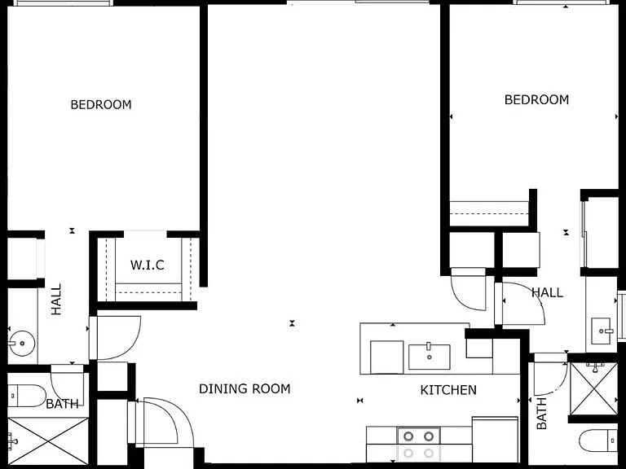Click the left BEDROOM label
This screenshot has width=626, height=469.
(100, 104)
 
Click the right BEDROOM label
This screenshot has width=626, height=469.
(536, 99)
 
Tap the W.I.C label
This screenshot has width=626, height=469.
(147, 265)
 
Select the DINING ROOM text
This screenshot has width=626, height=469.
(245, 388)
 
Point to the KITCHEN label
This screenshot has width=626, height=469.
(448, 390)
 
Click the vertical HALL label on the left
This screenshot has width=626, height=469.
(56, 299)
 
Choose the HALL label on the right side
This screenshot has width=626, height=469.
(547, 292)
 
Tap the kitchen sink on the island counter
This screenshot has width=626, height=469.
(429, 356)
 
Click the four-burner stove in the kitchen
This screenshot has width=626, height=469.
(418, 445)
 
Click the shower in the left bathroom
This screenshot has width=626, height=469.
(47, 441)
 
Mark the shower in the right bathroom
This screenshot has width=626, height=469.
(593, 388)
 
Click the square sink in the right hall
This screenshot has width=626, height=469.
(602, 331)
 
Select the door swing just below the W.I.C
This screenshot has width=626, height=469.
(117, 337)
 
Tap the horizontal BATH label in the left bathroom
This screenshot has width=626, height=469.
(62, 404)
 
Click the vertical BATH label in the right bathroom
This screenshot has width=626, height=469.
(542, 414)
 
